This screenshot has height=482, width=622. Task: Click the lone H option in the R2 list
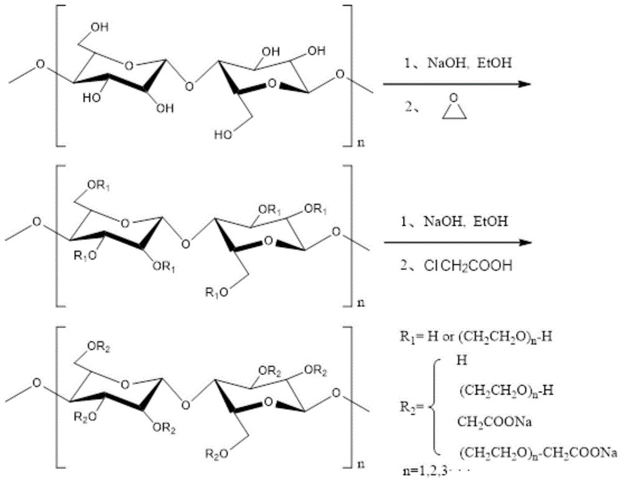pos(461,360)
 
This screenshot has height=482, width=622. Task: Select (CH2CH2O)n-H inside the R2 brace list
pos(496,392)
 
